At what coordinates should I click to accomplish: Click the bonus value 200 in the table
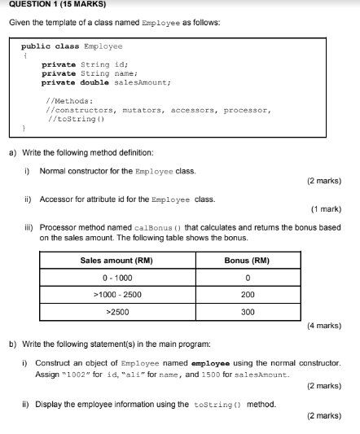[x=248, y=295]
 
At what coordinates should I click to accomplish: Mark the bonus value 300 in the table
[x=248, y=312]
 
